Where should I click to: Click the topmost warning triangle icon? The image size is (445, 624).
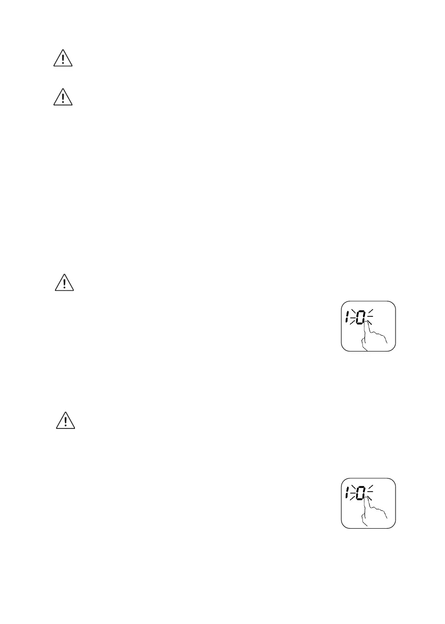point(63,60)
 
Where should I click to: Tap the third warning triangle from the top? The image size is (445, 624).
point(64,283)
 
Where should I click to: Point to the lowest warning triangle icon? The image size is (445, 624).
point(65,421)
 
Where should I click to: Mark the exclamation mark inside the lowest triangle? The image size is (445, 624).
point(65,422)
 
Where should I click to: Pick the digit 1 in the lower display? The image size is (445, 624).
point(348,494)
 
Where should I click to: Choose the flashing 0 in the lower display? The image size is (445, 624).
point(361,494)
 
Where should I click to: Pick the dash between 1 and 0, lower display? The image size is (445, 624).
point(353,494)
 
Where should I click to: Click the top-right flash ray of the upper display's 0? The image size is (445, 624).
point(371,312)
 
